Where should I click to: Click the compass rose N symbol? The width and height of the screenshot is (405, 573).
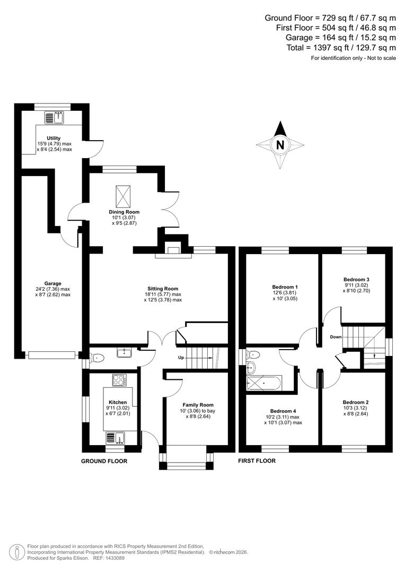[x=280, y=144]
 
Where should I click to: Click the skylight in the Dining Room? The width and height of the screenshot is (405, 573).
[x=124, y=196]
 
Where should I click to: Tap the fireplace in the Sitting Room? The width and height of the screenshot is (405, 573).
[x=173, y=251]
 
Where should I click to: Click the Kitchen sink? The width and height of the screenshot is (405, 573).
[x=115, y=438]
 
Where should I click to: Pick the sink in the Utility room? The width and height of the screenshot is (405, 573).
[x=55, y=117]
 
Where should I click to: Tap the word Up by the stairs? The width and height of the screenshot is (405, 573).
[x=181, y=358]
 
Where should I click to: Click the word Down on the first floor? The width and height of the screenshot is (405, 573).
[x=336, y=337]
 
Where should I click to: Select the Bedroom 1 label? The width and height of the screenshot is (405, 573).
[x=281, y=287]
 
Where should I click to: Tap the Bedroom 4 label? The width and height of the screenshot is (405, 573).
[x=283, y=411]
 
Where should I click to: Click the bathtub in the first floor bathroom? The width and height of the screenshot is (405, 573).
[x=264, y=382]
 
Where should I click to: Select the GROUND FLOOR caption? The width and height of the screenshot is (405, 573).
[x=104, y=461]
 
